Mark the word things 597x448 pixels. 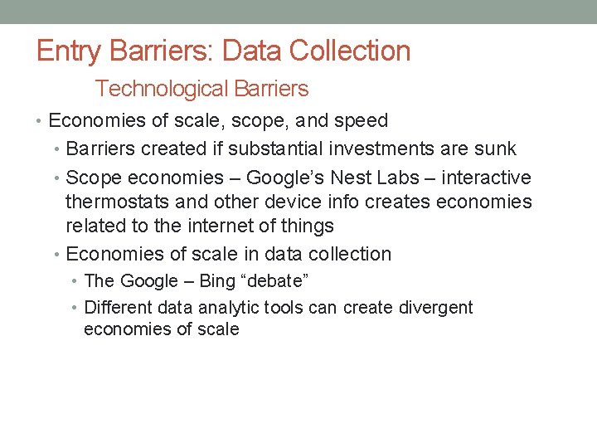305,226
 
